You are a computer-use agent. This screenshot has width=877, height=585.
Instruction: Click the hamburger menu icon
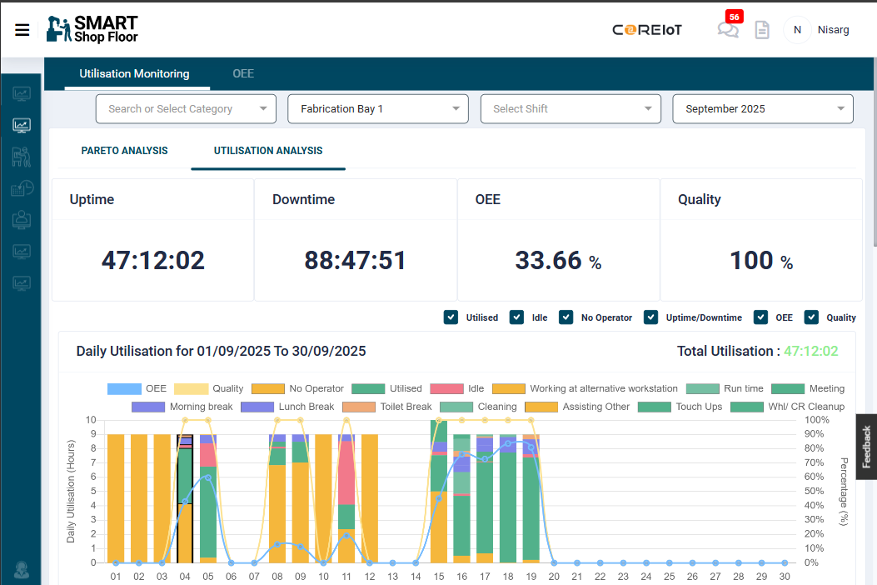(22, 30)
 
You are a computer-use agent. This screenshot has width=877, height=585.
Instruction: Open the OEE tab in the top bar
(243, 73)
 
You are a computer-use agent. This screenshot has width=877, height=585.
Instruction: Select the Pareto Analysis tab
(124, 151)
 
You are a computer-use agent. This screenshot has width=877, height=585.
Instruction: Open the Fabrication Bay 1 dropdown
(378, 108)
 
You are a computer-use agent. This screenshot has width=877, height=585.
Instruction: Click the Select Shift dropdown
(571, 108)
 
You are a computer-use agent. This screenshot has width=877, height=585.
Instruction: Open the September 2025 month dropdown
(762, 108)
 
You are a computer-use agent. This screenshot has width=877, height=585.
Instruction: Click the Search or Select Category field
(186, 108)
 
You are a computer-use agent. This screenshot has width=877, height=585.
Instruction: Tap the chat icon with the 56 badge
(727, 30)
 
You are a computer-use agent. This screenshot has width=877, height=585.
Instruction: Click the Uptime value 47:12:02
(153, 261)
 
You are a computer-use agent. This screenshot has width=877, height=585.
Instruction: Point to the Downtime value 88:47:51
(356, 261)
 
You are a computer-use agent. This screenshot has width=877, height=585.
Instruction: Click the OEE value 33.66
(549, 261)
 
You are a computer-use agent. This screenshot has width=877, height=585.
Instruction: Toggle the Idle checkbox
(516, 317)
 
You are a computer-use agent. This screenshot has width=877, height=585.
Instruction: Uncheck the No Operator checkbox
(566, 317)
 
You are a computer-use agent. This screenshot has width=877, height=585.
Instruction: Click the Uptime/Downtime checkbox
(651, 317)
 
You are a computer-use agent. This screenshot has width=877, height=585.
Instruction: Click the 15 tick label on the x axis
(438, 576)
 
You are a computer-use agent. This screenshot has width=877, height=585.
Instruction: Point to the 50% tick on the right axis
(817, 492)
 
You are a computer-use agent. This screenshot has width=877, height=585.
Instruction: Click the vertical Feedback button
(866, 447)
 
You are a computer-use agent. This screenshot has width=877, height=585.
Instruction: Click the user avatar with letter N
(797, 30)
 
